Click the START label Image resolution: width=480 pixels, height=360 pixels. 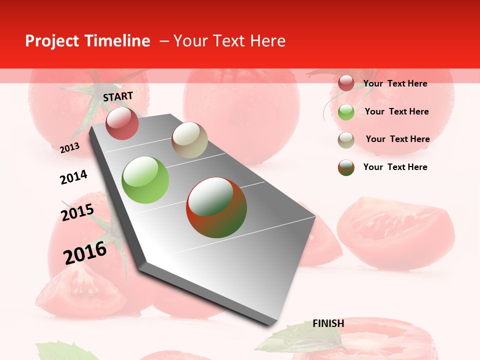118,96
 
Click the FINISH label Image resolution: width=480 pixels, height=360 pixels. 328,323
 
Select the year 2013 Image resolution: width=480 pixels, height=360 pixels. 69,148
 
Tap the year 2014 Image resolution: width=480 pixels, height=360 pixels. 73,177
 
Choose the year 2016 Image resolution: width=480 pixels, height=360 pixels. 85,252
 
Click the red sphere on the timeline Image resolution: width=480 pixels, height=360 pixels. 122,123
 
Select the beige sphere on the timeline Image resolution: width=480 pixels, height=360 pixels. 189,140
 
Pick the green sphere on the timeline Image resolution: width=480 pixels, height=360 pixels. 145,180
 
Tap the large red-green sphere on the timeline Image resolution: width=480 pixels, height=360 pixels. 216,207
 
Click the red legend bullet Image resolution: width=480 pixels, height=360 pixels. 346,83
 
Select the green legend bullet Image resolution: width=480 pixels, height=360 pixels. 346,112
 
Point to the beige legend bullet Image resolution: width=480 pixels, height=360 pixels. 346,140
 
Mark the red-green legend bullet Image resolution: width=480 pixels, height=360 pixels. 346,167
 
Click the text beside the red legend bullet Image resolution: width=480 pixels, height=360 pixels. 395,83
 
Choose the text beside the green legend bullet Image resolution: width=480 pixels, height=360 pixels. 396,111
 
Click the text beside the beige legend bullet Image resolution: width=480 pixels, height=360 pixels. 397,139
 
